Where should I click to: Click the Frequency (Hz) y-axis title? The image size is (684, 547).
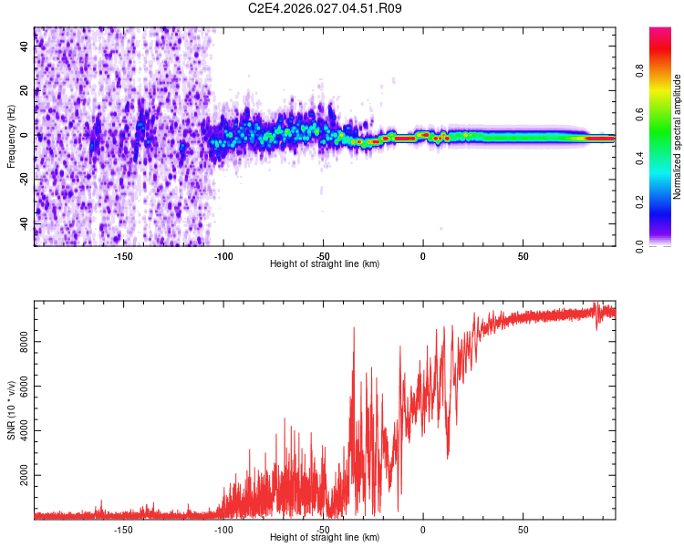11,137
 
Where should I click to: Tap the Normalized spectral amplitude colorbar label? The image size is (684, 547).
677,137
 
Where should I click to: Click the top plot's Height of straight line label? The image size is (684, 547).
325,263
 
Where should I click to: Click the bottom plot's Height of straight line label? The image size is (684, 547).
325,537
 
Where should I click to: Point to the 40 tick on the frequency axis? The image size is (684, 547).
25,46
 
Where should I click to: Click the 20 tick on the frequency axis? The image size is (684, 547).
25,91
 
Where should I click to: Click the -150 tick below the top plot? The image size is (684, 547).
123,254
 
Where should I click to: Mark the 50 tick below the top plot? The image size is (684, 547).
523,254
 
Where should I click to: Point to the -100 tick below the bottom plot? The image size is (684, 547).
223,529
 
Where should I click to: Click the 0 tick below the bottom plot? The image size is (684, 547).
423,529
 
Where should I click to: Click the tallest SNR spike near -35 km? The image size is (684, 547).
354,329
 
